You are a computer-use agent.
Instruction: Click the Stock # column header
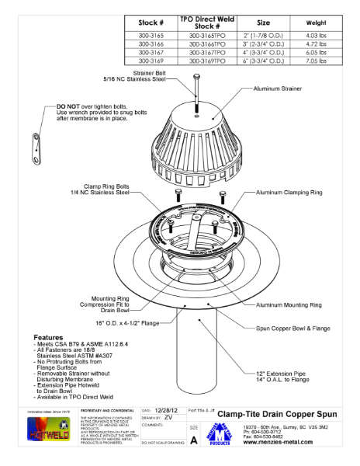[150, 23]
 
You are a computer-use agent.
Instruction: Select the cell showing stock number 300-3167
[150, 52]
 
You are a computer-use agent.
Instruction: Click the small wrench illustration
[36, 148]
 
